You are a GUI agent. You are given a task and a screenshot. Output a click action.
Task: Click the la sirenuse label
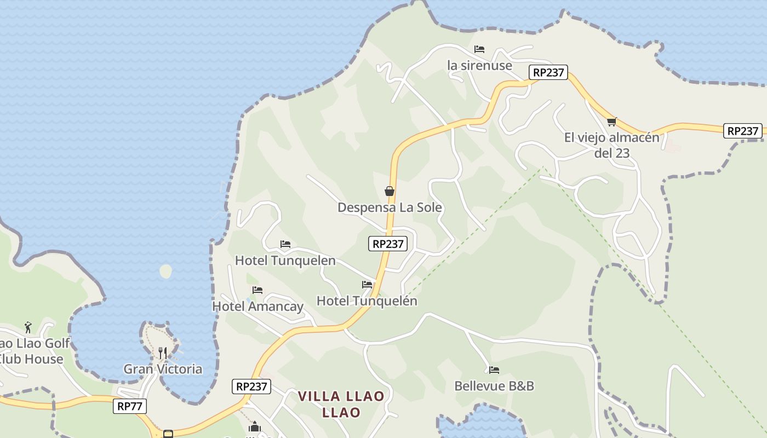(x=479, y=65)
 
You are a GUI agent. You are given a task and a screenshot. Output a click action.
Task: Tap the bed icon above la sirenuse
(x=479, y=49)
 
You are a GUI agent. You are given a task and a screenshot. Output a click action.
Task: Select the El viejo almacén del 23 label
(x=612, y=145)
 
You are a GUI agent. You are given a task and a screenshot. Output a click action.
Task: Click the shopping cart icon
(x=611, y=122)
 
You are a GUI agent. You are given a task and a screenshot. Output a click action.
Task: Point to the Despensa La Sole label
(x=390, y=208)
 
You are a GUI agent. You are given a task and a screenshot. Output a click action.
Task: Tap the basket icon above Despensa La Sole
(x=390, y=191)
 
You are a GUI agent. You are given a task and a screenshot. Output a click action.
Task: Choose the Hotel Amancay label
(x=257, y=306)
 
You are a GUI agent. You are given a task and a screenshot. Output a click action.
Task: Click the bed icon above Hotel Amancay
(x=257, y=290)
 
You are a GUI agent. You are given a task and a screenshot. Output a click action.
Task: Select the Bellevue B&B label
(x=494, y=386)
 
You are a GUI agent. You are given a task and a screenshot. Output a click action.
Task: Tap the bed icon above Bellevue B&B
(x=494, y=370)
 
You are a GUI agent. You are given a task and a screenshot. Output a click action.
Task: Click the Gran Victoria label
(x=163, y=369)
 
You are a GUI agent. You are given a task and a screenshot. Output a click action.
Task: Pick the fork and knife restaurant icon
(x=163, y=353)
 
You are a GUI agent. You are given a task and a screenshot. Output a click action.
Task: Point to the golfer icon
(x=28, y=327)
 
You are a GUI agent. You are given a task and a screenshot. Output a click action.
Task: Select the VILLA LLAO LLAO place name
(x=341, y=404)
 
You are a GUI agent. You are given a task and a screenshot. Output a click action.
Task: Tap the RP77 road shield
(x=130, y=406)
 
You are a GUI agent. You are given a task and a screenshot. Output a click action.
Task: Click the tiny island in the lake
(x=165, y=271)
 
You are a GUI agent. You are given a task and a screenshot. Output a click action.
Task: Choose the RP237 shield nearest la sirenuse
(x=548, y=72)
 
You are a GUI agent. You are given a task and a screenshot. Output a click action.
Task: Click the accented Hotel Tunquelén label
(x=367, y=301)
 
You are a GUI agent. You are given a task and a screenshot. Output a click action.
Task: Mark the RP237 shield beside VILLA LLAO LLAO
(x=251, y=386)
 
